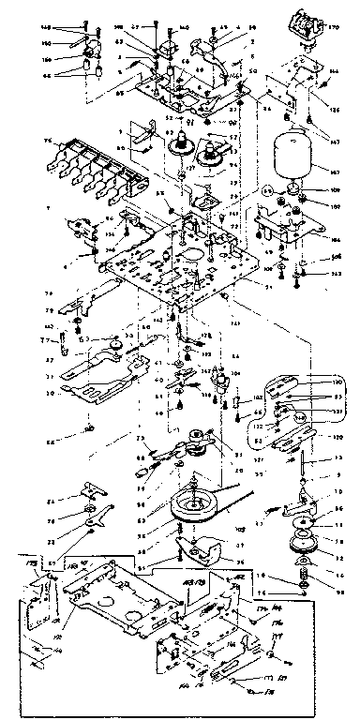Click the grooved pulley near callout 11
click(302, 542)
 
